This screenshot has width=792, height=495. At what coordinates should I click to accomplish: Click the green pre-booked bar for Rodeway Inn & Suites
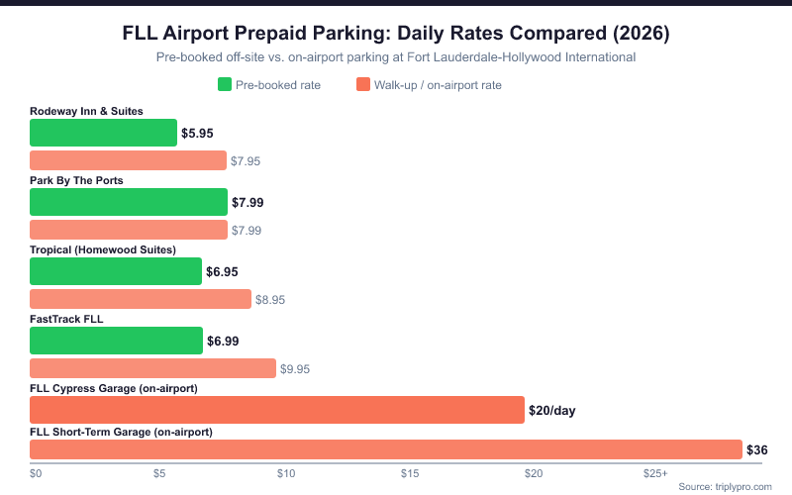point(104,133)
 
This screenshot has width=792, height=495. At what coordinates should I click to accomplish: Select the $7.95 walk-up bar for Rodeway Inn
point(128,160)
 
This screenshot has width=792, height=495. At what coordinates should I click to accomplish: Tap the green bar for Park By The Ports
point(129,202)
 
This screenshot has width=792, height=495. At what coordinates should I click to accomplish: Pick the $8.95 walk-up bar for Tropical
point(141,299)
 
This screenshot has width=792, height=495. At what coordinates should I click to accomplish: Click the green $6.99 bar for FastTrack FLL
point(117,341)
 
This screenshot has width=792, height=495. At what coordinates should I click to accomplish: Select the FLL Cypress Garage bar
point(277,410)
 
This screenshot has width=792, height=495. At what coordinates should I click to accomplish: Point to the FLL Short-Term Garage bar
point(386,450)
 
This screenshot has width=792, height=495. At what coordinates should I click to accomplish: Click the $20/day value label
point(552,410)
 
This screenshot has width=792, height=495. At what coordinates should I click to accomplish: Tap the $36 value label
point(756,450)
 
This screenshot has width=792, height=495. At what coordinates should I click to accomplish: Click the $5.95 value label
point(197,133)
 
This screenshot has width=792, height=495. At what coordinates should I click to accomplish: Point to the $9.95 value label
point(295,368)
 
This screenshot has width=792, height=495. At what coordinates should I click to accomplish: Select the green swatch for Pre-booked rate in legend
point(224,85)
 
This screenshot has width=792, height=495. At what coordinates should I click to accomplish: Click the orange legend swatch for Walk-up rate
point(362,85)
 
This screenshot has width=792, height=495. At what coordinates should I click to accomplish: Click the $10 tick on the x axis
point(285,474)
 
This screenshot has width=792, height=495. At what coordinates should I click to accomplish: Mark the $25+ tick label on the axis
point(655,474)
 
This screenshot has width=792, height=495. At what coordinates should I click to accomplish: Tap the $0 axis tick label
point(36,474)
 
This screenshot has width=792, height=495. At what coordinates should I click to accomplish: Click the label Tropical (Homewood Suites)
point(103,249)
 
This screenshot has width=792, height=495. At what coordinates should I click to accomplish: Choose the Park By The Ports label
point(76,180)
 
